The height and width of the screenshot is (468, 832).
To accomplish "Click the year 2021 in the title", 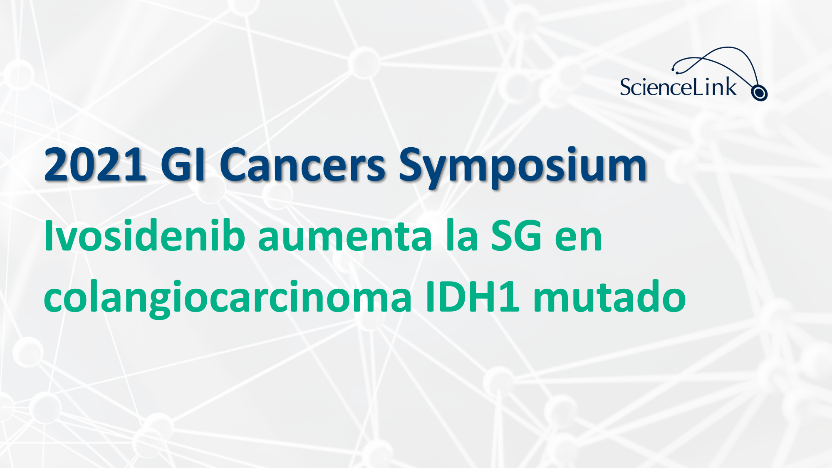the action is pos(95,165).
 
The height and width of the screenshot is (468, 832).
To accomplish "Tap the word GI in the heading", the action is pos(183,165).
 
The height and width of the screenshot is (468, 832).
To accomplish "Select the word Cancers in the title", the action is pos(302,165).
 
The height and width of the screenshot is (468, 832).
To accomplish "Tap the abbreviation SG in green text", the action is pos(516,235).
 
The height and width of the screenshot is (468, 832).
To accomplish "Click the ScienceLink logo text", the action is pos(678,87).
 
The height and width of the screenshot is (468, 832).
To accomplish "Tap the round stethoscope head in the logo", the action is pos(759,93).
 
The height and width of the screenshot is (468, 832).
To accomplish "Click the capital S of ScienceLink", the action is pos(625,87).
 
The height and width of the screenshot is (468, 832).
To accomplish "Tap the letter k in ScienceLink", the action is pos(730,87).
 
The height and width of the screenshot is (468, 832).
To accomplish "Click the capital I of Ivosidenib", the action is pos(48,235).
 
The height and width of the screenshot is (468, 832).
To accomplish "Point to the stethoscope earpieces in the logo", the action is pos(675,68).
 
